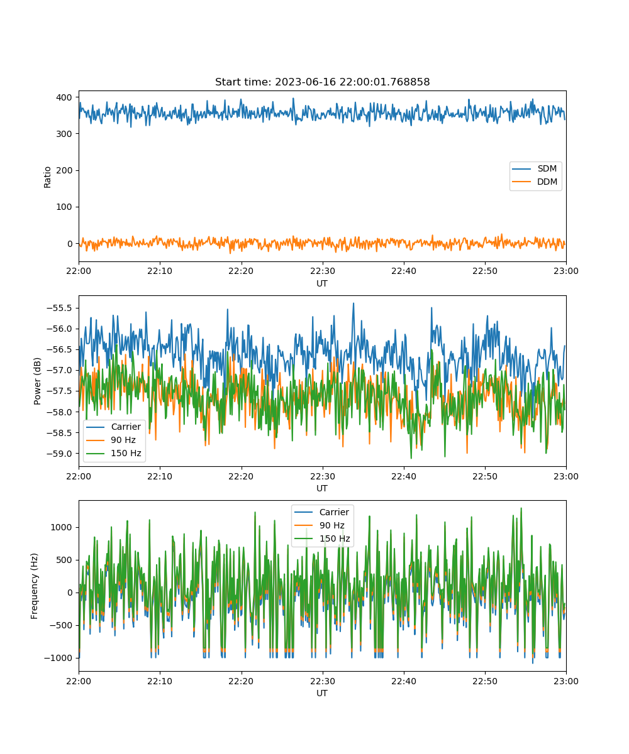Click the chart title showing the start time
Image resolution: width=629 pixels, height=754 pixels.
tap(322, 82)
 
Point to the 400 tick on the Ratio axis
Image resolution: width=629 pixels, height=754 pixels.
tap(64, 97)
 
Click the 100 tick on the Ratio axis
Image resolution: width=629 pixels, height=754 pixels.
tap(64, 207)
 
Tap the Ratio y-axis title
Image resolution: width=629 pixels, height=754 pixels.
tap(47, 177)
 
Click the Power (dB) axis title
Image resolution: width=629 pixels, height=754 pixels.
tap(37, 381)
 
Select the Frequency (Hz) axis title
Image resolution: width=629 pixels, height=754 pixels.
tap(35, 586)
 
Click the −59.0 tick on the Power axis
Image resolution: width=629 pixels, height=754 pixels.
tap(59, 454)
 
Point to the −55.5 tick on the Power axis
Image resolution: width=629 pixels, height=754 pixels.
tap(59, 308)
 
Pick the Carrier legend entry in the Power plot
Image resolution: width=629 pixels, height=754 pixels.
tap(113, 427)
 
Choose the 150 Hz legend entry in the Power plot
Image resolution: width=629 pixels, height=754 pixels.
tap(113, 453)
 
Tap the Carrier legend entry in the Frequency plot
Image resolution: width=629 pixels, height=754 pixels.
tap(321, 512)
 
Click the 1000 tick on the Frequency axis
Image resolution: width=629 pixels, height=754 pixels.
tap(61, 527)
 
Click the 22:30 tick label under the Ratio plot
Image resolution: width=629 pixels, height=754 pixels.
tap(323, 271)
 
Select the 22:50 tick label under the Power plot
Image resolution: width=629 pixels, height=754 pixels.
tap(485, 476)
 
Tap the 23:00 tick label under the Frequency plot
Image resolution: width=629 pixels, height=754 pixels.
tap(565, 681)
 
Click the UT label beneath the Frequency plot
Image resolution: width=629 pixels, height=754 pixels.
tap(321, 693)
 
